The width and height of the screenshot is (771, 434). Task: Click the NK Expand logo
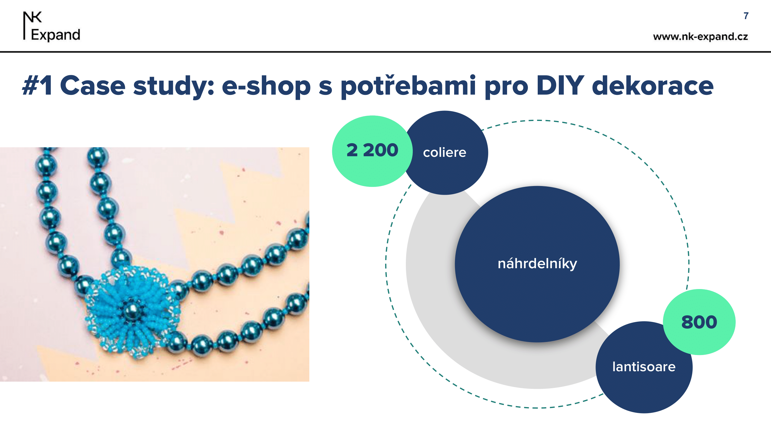pyautogui.click(x=51, y=26)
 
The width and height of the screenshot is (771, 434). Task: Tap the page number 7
pyautogui.click(x=746, y=16)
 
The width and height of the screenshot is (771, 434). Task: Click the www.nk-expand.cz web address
pyautogui.click(x=700, y=36)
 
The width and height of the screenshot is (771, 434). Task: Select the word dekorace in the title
pyautogui.click(x=653, y=86)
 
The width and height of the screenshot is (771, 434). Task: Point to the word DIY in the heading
pyautogui.click(x=560, y=86)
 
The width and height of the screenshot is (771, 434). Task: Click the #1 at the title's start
pyautogui.click(x=37, y=86)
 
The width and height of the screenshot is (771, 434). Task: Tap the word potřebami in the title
pyautogui.click(x=408, y=87)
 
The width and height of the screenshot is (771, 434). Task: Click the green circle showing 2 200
pyautogui.click(x=372, y=151)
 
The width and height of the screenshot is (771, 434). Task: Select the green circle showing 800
pyautogui.click(x=699, y=322)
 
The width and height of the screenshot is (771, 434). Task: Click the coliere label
pyautogui.click(x=444, y=153)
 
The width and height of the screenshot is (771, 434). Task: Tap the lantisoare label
pyautogui.click(x=644, y=367)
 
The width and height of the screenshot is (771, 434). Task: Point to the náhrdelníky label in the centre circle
pyautogui.click(x=537, y=264)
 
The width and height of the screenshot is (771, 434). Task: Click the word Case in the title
pyautogui.click(x=93, y=86)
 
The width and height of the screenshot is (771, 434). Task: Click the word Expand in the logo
pyautogui.click(x=56, y=35)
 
